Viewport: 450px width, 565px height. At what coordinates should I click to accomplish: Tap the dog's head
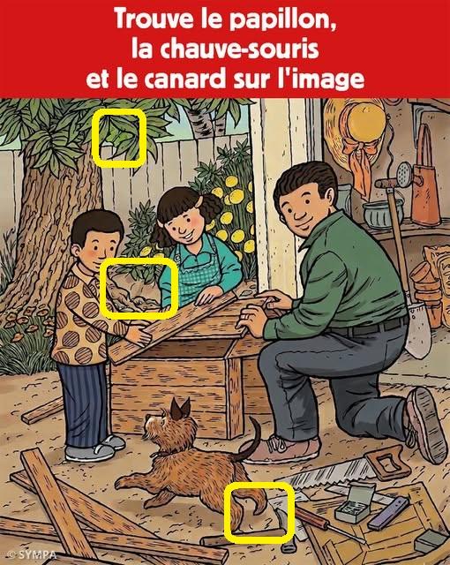click(x=169, y=424)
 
